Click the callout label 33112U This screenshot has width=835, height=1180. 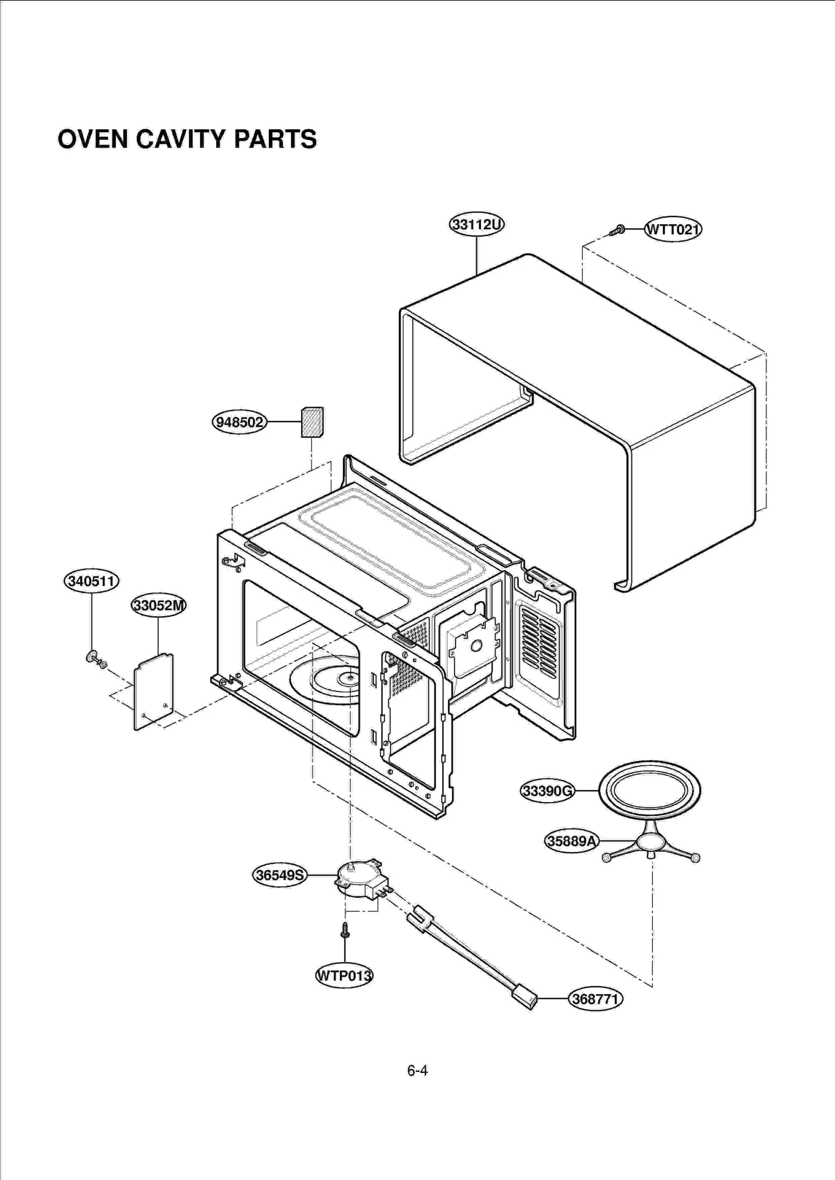476,225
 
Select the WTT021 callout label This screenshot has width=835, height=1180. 673,229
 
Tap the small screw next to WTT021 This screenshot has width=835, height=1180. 618,230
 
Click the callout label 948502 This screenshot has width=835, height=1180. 240,422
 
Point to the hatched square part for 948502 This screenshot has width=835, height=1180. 312,422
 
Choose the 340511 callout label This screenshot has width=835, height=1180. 91,581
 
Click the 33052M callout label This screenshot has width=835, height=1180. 158,606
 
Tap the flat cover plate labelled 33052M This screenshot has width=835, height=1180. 153,691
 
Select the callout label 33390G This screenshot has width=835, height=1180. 547,791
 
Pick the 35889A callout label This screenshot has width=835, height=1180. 571,841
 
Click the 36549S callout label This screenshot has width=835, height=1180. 280,875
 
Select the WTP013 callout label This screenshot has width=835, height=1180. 344,975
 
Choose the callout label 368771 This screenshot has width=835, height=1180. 595,999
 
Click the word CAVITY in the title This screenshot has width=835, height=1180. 180,139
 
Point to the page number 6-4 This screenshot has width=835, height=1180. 417,1070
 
